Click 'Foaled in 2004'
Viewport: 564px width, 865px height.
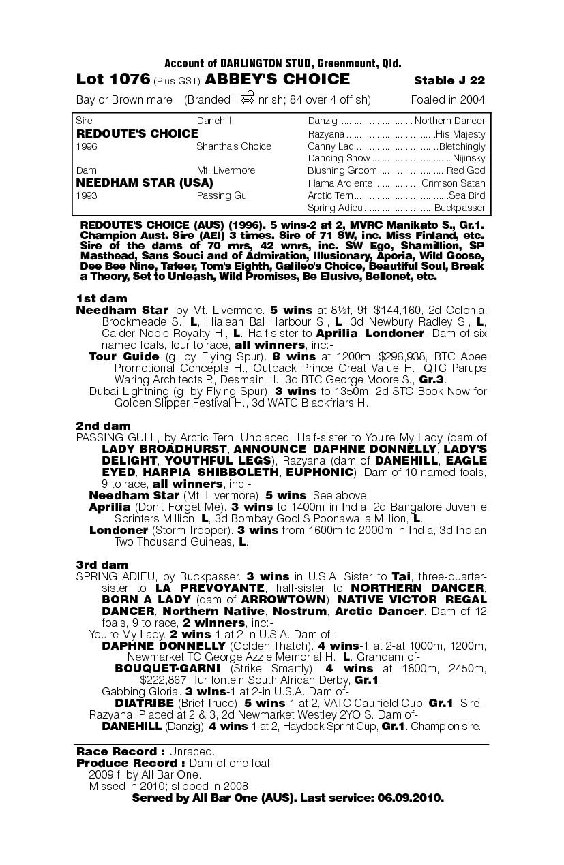pyautogui.click(x=448, y=100)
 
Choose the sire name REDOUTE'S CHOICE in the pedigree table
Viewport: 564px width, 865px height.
pyautogui.click(x=137, y=133)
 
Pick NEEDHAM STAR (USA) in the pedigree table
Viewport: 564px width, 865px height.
pyautogui.click(x=145, y=183)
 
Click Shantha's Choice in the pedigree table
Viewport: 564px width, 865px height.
pyautogui.click(x=233, y=146)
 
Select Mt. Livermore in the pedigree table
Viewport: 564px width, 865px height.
pyautogui.click(x=226, y=170)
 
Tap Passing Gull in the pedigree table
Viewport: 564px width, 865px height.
pyautogui.click(x=224, y=195)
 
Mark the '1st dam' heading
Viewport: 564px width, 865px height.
pyautogui.click(x=101, y=298)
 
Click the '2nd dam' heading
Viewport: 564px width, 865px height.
pyautogui.click(x=103, y=426)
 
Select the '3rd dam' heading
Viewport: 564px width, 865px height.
pyautogui.click(x=102, y=565)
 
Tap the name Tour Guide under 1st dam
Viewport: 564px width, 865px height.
pyautogui.click(x=124, y=357)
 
